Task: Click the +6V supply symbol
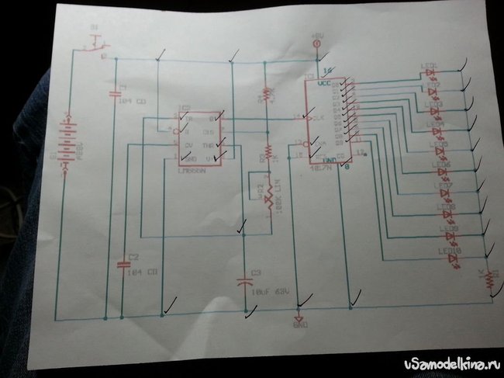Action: [316, 46]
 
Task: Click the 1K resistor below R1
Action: [266, 150]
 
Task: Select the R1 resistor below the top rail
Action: [266, 93]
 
